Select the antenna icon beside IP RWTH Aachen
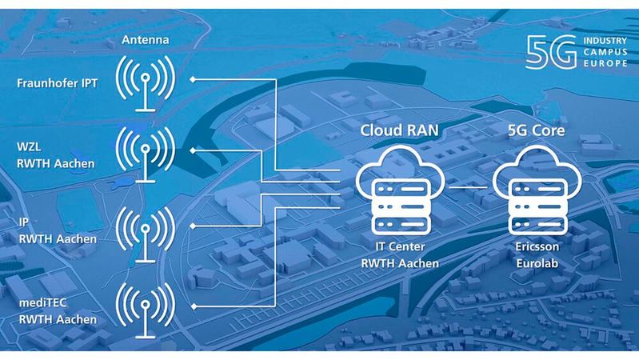(145, 230)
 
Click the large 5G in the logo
(550, 53)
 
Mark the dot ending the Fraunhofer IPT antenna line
(194, 79)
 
